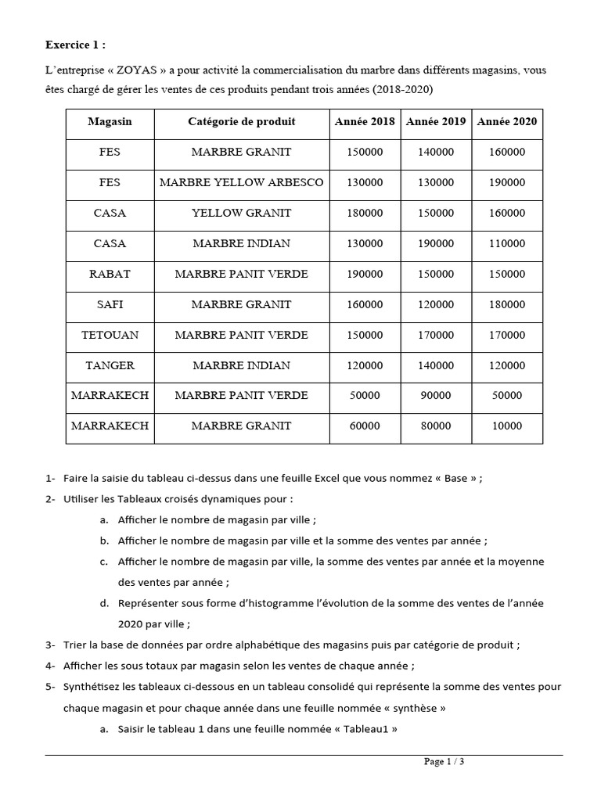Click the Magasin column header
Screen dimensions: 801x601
click(110, 121)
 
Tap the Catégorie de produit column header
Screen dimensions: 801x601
click(241, 121)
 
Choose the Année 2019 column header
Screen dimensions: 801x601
click(436, 121)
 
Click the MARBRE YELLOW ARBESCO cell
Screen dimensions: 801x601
click(241, 182)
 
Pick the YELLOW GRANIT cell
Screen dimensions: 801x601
click(241, 213)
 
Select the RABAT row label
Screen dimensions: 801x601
click(110, 274)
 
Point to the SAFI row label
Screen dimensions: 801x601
click(110, 304)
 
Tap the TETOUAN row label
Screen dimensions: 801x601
click(110, 335)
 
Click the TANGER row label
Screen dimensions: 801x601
click(110, 365)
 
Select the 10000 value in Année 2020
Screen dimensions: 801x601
click(506, 426)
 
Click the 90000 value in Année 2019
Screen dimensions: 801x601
click(436, 396)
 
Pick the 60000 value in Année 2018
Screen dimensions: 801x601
click(365, 426)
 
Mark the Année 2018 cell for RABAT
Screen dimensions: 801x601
click(365, 274)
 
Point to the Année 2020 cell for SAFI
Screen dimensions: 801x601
click(506, 304)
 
